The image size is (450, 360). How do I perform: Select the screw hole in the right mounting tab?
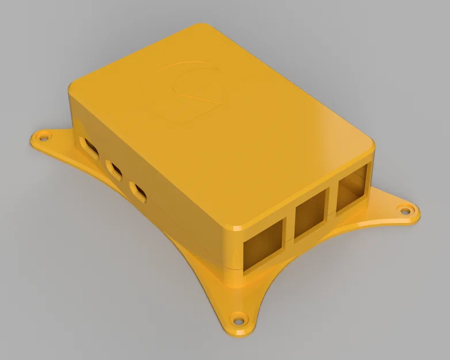tap(409, 211)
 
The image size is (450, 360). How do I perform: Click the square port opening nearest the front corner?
tap(262, 244)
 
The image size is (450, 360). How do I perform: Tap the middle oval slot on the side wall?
tap(115, 170)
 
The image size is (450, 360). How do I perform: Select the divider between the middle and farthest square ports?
tap(333, 202)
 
